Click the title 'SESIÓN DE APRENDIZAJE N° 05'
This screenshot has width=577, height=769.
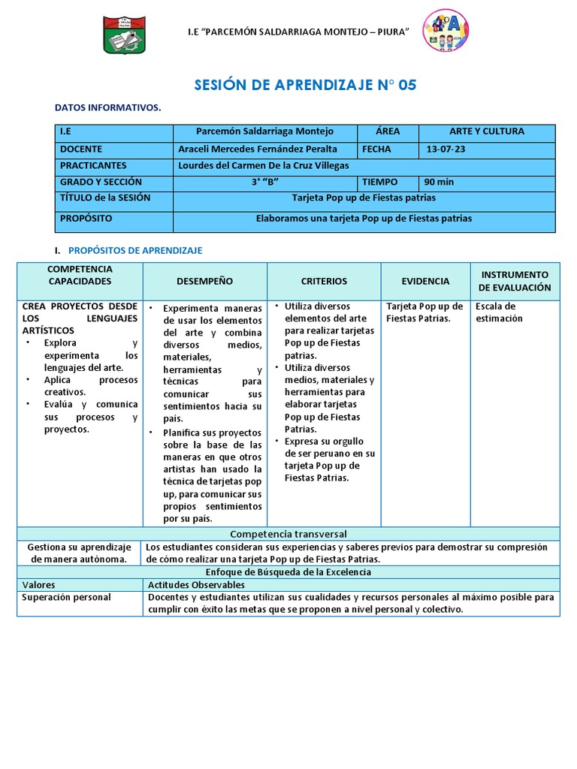tap(305, 85)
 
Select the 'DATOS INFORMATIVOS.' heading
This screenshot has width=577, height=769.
tap(107, 108)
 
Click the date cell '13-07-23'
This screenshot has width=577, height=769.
tap(446, 149)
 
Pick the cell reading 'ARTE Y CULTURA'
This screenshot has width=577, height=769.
tap(486, 131)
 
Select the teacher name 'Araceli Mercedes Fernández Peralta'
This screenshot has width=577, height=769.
tap(258, 149)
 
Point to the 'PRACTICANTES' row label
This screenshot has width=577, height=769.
tap(93, 165)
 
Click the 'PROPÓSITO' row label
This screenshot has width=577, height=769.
tap(86, 219)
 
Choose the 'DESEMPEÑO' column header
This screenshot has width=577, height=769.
tap(204, 281)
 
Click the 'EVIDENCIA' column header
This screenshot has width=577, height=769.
tap(425, 281)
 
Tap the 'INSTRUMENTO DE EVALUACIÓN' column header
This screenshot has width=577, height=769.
tap(515, 281)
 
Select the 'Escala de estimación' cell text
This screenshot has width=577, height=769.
tap(499, 312)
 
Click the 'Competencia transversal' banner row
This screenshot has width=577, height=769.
tap(288, 534)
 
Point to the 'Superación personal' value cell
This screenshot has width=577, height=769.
tap(67, 597)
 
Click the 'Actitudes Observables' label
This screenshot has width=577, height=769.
tap(196, 585)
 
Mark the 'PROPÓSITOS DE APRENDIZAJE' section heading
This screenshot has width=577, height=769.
tap(135, 250)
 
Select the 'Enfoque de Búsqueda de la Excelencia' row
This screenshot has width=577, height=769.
tap(288, 572)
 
